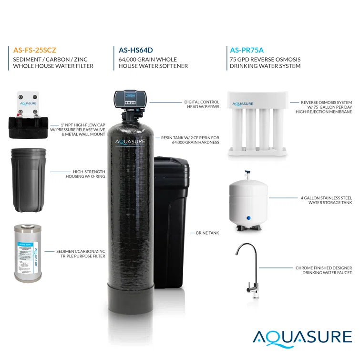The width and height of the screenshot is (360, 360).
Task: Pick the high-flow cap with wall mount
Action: tap(27, 117)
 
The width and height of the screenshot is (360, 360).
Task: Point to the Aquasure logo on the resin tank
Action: tap(130, 142)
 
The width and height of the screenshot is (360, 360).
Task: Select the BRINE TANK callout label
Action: tap(207, 233)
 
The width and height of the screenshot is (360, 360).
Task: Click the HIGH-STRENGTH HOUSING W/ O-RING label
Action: tap(85, 174)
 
